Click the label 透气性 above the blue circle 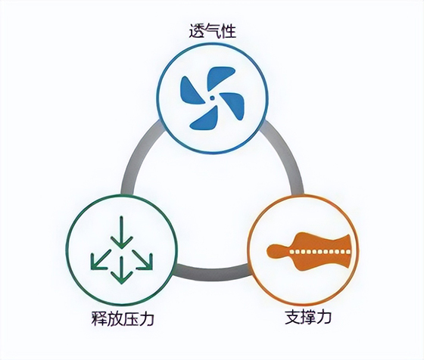coord(213,31)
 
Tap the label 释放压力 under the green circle coord(123,318)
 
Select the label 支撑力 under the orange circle coord(308,317)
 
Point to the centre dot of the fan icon coord(212,98)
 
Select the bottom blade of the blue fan coord(204,119)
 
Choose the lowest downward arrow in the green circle coord(121,270)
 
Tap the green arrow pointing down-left coord(100,260)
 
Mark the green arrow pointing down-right coord(143,260)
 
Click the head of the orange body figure coord(273,251)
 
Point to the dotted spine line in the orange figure coord(320,252)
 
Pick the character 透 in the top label coord(197,31)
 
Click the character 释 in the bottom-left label coord(99,318)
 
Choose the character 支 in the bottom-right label coord(292,317)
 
